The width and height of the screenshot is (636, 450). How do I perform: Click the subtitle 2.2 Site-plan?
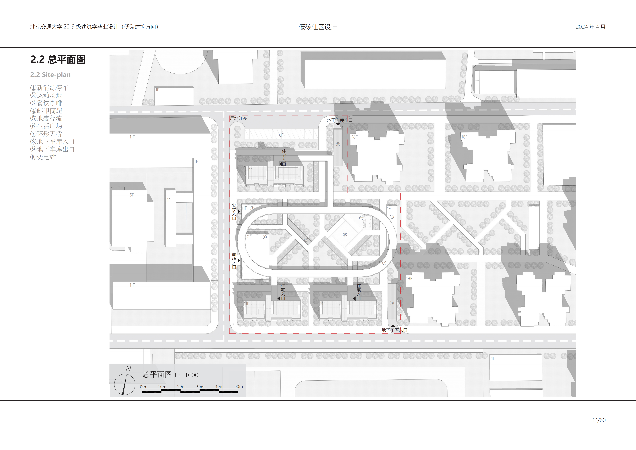pos(50,75)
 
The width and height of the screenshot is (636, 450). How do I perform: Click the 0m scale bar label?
pos(143,387)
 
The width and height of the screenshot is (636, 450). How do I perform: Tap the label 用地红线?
pos(239,118)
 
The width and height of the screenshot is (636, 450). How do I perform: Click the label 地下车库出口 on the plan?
pos(340,120)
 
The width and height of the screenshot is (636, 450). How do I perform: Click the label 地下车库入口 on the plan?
pos(394,330)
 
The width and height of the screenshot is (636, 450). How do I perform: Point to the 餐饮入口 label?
pos(234,212)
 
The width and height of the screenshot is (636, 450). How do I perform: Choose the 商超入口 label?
pos(234,261)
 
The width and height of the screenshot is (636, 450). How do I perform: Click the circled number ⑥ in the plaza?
pos(345,235)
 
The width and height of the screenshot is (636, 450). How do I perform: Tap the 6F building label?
pos(132,195)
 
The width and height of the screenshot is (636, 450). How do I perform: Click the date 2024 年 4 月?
pos(591,27)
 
